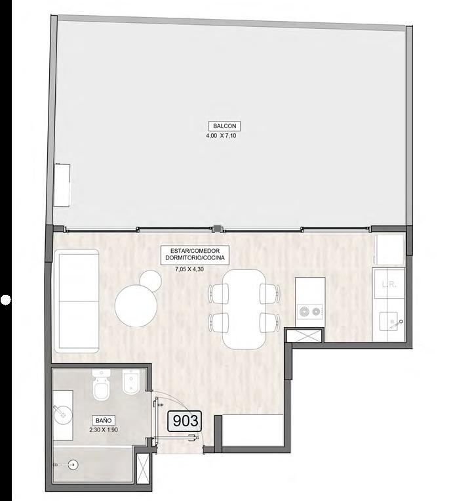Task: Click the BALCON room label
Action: point(224,126)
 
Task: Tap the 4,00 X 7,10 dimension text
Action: point(222,135)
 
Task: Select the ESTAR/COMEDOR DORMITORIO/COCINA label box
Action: point(195,255)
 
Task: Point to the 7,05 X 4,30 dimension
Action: point(189,269)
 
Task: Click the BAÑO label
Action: point(104,420)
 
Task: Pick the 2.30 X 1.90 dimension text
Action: point(104,430)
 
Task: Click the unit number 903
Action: point(185,420)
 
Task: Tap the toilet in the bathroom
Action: point(102,384)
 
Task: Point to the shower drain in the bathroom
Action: point(73,464)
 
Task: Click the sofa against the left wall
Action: point(76,301)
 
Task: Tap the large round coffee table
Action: point(136,306)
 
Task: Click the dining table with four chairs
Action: point(244,309)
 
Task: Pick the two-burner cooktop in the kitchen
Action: point(309,311)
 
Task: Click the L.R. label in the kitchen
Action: point(389,284)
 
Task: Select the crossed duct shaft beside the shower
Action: point(141,468)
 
